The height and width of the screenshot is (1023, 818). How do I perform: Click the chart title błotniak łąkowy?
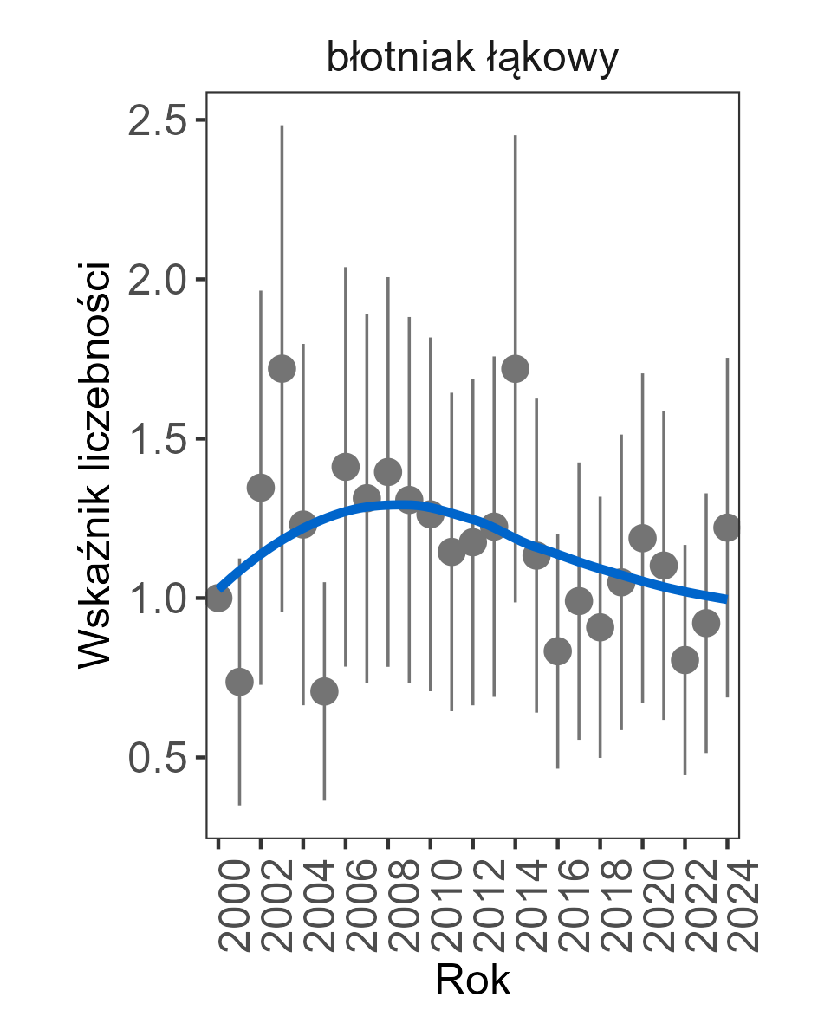472,59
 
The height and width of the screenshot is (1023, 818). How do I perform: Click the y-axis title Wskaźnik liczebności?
95,464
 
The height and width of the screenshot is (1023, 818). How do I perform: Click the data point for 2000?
218,598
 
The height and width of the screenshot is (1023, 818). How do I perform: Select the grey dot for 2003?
282,369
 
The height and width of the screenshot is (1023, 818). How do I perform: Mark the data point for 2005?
324,691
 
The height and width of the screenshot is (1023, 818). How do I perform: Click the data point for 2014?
516,369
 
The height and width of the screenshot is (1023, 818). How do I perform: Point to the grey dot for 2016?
557,651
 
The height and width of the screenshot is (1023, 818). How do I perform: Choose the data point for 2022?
685,660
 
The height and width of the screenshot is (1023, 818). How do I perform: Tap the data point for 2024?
727,528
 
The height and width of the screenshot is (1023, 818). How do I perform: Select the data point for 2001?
239,682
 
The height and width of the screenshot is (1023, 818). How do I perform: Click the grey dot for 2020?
642,538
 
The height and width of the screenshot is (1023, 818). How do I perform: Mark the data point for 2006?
346,467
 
